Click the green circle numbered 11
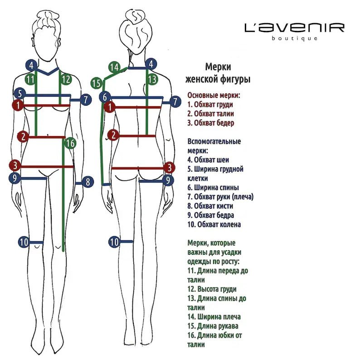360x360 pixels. pos(30,79)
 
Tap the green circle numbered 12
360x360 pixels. pos(66,79)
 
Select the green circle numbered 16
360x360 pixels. pos(69,143)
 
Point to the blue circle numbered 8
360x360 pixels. pos(88,182)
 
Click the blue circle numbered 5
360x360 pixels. pos(19,94)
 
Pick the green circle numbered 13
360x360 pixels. pos(152,79)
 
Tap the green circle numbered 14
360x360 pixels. pos(115,68)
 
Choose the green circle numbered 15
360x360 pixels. pos(96,83)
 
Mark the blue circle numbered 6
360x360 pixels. pos(105,97)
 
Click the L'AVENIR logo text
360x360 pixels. pos(294,28)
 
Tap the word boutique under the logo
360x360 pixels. pos(294,39)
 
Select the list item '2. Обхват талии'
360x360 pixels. pos(211,114)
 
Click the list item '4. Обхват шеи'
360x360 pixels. pos(208,160)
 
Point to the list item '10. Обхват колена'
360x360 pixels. pos(214,224)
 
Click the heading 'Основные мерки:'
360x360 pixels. pos(214,95)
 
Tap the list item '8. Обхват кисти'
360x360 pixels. pos(210,206)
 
